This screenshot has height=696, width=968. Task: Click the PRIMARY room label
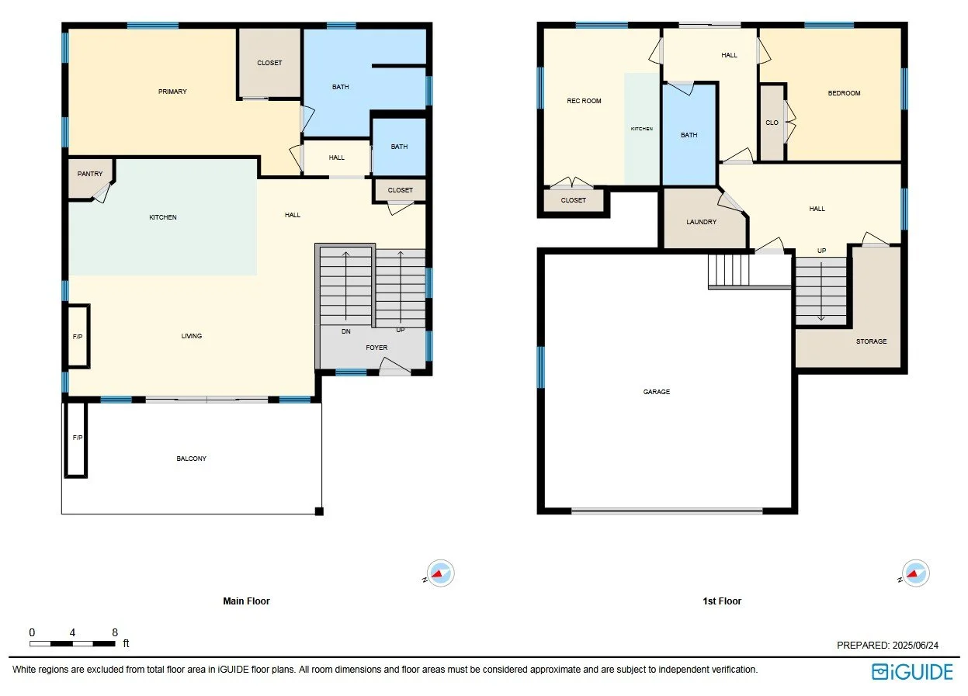pyautogui.click(x=172, y=92)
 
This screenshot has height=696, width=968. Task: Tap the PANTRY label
pyautogui.click(x=90, y=174)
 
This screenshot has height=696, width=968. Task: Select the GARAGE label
pyautogui.click(x=656, y=392)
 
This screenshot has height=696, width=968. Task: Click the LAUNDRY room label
pyautogui.click(x=701, y=222)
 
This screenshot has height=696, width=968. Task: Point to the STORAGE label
pyautogui.click(x=871, y=341)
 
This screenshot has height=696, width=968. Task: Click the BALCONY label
pyautogui.click(x=192, y=459)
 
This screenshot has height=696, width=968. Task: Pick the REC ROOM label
pyautogui.click(x=584, y=101)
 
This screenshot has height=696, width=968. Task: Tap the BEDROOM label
pyautogui.click(x=844, y=93)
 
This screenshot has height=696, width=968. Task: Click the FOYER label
pyautogui.click(x=376, y=348)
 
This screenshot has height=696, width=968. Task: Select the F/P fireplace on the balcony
pyautogui.click(x=77, y=438)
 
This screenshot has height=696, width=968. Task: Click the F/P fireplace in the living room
pyautogui.click(x=78, y=336)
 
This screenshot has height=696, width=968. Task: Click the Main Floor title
pyautogui.click(x=246, y=601)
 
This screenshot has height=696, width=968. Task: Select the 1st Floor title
pyautogui.click(x=722, y=601)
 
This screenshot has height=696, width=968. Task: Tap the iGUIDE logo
pyautogui.click(x=911, y=671)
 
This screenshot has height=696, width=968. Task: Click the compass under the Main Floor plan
pyautogui.click(x=441, y=574)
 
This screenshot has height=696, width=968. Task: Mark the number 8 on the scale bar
pyautogui.click(x=115, y=632)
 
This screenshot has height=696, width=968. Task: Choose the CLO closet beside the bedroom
pyautogui.click(x=772, y=123)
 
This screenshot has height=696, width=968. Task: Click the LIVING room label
pyautogui.click(x=192, y=336)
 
